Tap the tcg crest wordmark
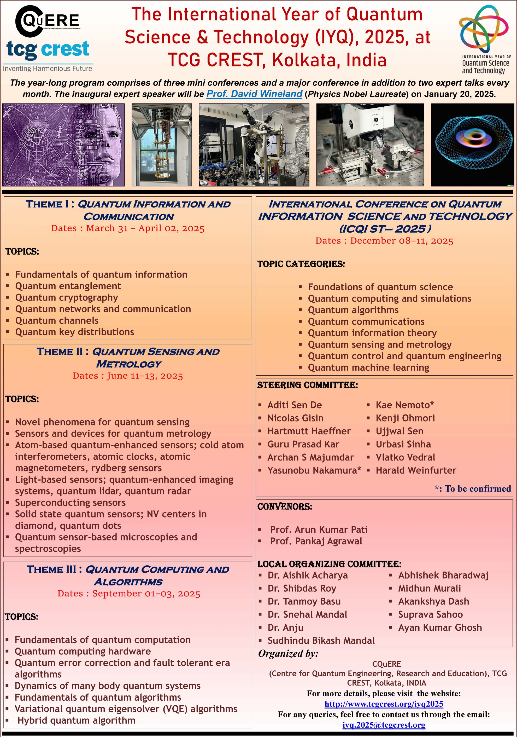coord(48,49)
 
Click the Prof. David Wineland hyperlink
coord(254,94)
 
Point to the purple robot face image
coord(63,145)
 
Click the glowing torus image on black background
coord(472,145)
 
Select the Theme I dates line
coord(128,228)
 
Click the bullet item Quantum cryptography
coord(66,298)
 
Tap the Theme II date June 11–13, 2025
coord(128,376)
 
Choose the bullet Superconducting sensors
coord(70,502)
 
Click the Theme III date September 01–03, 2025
coord(129,594)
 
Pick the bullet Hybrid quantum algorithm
coord(76,720)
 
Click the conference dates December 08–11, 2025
coord(384,241)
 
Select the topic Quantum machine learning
coord(368,367)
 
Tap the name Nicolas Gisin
coord(295,418)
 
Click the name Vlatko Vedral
coord(406,457)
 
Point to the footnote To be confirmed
coord(473,488)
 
